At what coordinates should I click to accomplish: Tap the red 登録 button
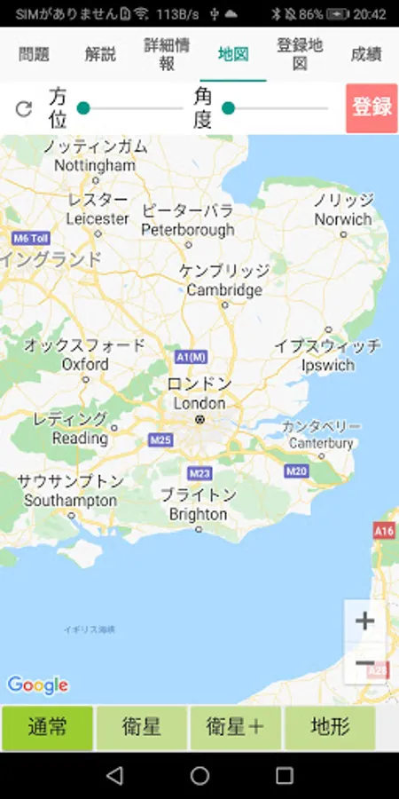click(372, 107)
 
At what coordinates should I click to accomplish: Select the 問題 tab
click(34, 54)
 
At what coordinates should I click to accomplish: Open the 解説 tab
click(100, 54)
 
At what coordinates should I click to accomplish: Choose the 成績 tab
click(365, 54)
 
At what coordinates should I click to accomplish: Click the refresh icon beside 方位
click(24, 108)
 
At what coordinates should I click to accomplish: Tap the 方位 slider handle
click(83, 108)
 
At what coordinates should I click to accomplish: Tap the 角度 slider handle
click(228, 108)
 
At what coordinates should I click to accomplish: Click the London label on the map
click(199, 402)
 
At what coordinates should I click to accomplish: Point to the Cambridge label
click(224, 290)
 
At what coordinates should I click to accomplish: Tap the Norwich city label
click(343, 218)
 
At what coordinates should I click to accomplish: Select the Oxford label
click(85, 364)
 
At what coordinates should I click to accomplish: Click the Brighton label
click(198, 514)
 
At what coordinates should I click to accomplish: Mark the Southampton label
click(70, 501)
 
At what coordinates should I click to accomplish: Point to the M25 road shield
click(161, 439)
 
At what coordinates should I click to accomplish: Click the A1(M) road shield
click(191, 357)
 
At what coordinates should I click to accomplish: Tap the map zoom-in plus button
click(364, 621)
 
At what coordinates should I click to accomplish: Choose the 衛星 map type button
click(141, 728)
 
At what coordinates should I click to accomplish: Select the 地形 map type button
click(330, 728)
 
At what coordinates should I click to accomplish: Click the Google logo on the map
click(37, 684)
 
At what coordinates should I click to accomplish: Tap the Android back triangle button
click(114, 775)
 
